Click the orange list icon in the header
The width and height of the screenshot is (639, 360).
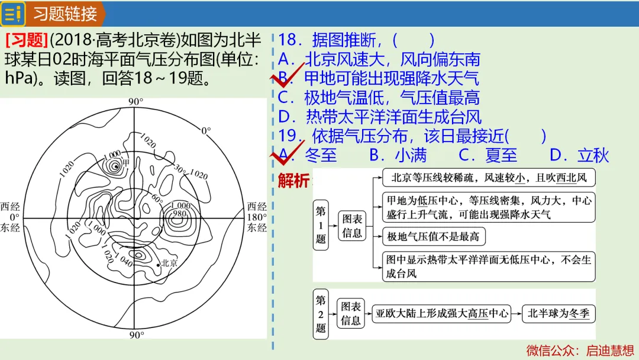12,14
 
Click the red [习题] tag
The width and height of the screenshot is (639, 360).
27,40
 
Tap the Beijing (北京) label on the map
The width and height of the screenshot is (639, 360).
169,263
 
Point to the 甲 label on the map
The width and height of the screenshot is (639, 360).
126,163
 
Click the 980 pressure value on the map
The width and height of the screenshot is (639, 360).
179,213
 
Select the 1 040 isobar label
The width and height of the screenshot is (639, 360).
124,260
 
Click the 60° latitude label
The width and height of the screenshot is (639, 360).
157,198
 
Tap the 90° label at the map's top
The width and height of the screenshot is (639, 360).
135,101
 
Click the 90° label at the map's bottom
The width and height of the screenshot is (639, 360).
137,335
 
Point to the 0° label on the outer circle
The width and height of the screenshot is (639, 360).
206,130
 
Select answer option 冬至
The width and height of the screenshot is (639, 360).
321,155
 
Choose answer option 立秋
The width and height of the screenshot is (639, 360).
593,155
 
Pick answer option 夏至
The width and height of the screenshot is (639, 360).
501,155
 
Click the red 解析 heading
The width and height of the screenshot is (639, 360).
293,180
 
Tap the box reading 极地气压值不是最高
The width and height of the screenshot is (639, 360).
434,236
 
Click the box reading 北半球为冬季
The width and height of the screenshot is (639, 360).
559,314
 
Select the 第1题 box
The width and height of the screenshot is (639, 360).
321,225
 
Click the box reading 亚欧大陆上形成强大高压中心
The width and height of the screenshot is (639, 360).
442,314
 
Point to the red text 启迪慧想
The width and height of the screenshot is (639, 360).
610,350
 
